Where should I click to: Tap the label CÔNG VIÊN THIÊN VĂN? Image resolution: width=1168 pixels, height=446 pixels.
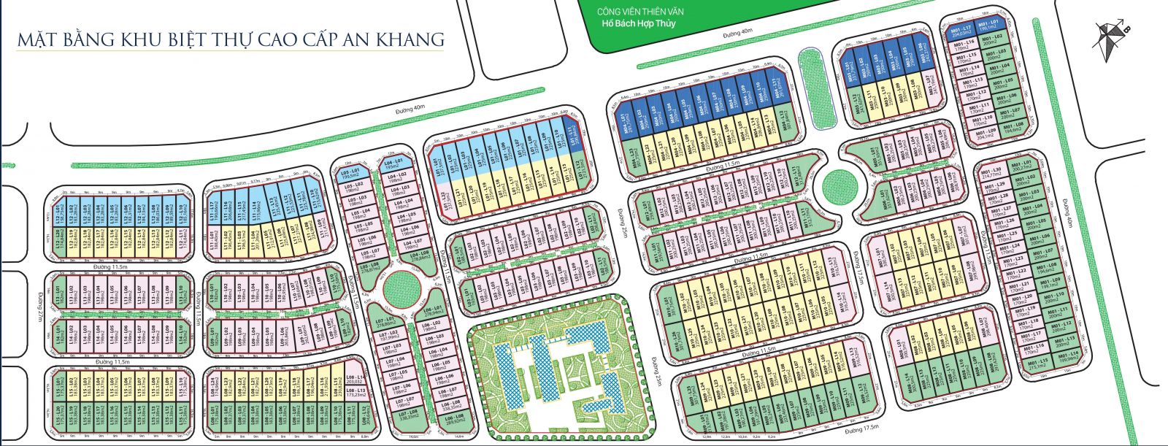click(640, 12)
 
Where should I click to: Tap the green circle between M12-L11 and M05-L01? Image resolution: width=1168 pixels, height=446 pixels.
click(838, 187)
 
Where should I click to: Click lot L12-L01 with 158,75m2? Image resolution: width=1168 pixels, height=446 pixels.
click(60, 215)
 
